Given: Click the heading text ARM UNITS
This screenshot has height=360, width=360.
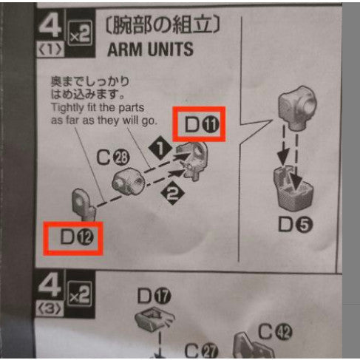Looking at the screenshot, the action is [x=150, y=50].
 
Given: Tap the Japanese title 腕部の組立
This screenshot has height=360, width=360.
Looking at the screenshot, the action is [x=163, y=25].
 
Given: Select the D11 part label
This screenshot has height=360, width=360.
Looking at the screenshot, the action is [x=202, y=124].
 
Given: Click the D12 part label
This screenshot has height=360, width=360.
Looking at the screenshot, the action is [x=77, y=237].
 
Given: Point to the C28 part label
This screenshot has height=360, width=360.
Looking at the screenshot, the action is [x=113, y=157].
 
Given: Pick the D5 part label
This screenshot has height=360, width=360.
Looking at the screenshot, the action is [x=295, y=225].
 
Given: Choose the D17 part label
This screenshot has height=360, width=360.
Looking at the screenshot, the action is [x=154, y=296].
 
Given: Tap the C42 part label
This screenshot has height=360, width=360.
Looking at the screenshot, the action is [x=275, y=332].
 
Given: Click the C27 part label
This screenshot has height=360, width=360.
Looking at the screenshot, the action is [x=201, y=351].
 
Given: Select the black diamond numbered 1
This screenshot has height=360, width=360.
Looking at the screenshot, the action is [x=160, y=149].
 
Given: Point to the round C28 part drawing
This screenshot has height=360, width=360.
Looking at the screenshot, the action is [x=129, y=181].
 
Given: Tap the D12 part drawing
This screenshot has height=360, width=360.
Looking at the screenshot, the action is [x=84, y=205].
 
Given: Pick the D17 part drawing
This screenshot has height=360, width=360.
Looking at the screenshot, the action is [x=155, y=319].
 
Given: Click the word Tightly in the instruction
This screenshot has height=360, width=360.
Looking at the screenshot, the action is [x=67, y=108].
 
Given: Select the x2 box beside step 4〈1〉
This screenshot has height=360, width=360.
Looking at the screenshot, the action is [x=80, y=33].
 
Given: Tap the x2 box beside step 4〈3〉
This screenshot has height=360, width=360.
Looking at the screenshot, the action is [x=80, y=294].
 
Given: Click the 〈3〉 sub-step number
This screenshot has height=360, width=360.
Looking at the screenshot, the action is [x=50, y=309].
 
